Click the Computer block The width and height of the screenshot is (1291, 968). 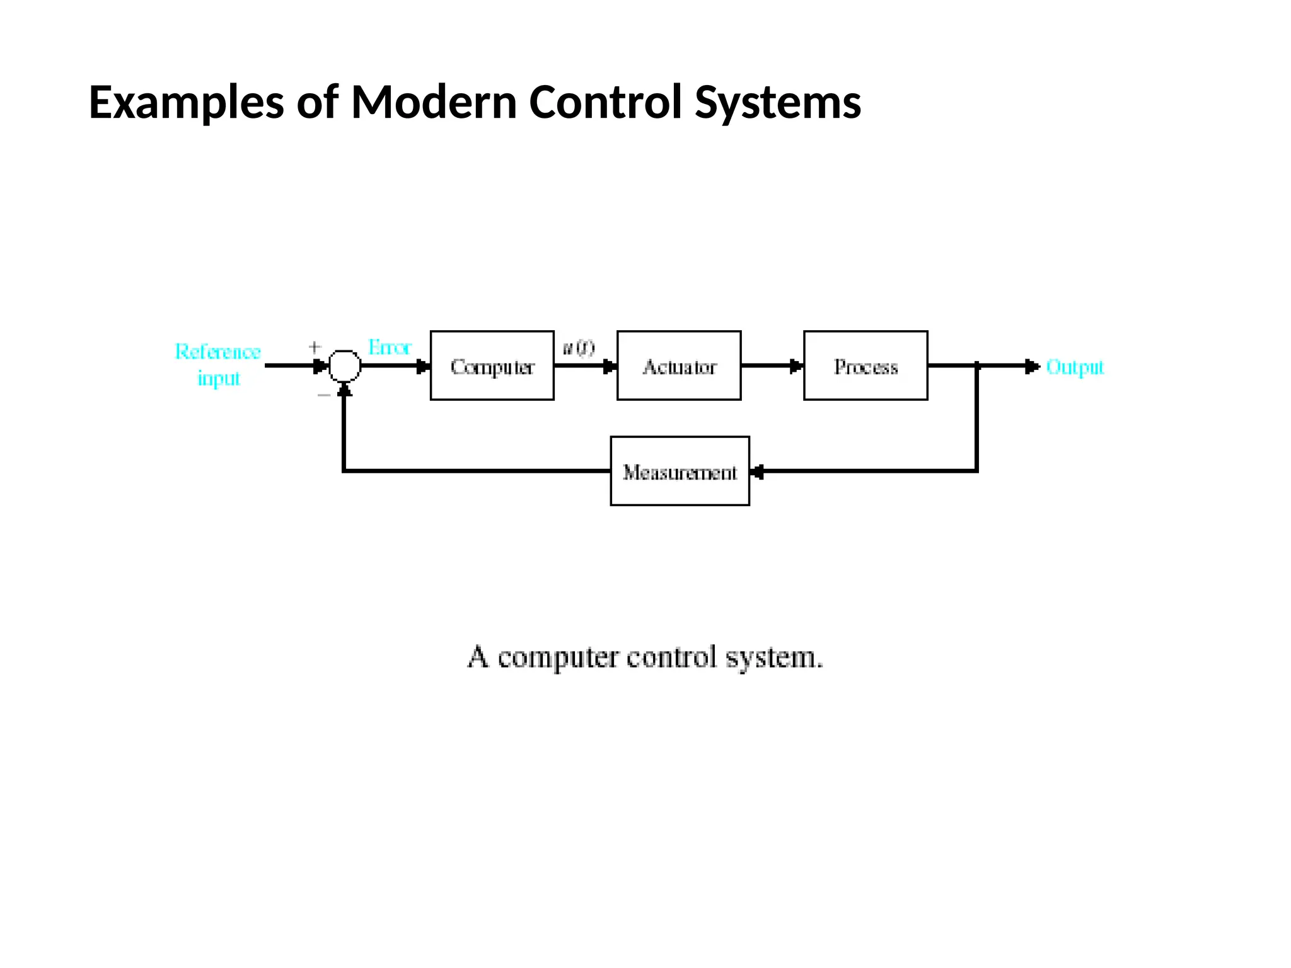point(492,366)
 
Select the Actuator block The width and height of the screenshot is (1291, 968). point(679,366)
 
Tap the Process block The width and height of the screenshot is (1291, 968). point(865,366)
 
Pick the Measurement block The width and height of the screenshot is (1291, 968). point(680,471)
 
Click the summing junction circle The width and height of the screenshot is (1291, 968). point(345,366)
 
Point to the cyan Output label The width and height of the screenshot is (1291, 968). point(1075,367)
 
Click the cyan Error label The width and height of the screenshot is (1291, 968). point(389,347)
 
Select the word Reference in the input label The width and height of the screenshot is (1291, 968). point(217,352)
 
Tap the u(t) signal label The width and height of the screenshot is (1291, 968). point(578,348)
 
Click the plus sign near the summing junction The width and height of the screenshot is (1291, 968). point(315,347)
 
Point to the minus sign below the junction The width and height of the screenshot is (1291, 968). point(323,395)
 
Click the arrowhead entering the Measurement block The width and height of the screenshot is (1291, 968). point(758,471)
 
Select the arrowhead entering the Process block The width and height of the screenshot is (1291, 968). point(796,366)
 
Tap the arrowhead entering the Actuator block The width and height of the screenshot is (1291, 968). point(609,366)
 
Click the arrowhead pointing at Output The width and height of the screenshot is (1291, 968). point(1031,366)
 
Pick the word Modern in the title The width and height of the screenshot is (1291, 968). point(434,102)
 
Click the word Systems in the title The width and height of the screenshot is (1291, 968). point(777,102)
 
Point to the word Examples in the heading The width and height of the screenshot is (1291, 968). point(186,102)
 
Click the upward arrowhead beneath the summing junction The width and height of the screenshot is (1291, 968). point(344,390)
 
